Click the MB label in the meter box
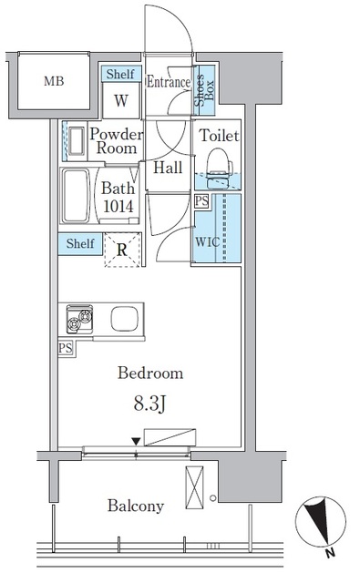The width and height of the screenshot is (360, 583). [x=54, y=81]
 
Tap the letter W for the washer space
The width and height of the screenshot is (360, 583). [x=121, y=100]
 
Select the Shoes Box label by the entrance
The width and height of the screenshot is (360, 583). [x=204, y=90]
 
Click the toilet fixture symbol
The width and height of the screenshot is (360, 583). [x=219, y=168]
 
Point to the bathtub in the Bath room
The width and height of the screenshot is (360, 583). [x=77, y=196]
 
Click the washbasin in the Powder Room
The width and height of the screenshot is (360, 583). [x=77, y=141]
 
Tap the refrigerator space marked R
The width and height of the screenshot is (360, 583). [x=122, y=250]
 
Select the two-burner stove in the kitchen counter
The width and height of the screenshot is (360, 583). [x=79, y=319]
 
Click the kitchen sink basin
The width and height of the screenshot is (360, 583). [x=124, y=319]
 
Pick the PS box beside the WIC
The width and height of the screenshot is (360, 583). [x=201, y=201]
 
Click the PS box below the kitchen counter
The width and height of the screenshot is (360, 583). [x=66, y=348]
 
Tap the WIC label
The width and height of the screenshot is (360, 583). [x=208, y=241]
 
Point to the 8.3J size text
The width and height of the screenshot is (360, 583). [x=149, y=404]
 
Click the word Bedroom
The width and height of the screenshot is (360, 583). [x=150, y=373]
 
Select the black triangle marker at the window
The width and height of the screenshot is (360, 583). [x=137, y=441]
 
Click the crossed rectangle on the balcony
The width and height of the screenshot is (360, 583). [x=194, y=487]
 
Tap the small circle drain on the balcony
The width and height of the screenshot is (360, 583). [x=212, y=497]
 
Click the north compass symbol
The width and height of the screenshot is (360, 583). [x=321, y=522]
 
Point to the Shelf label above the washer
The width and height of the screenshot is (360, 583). [x=120, y=74]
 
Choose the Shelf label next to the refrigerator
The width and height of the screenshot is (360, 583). [x=80, y=243]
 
